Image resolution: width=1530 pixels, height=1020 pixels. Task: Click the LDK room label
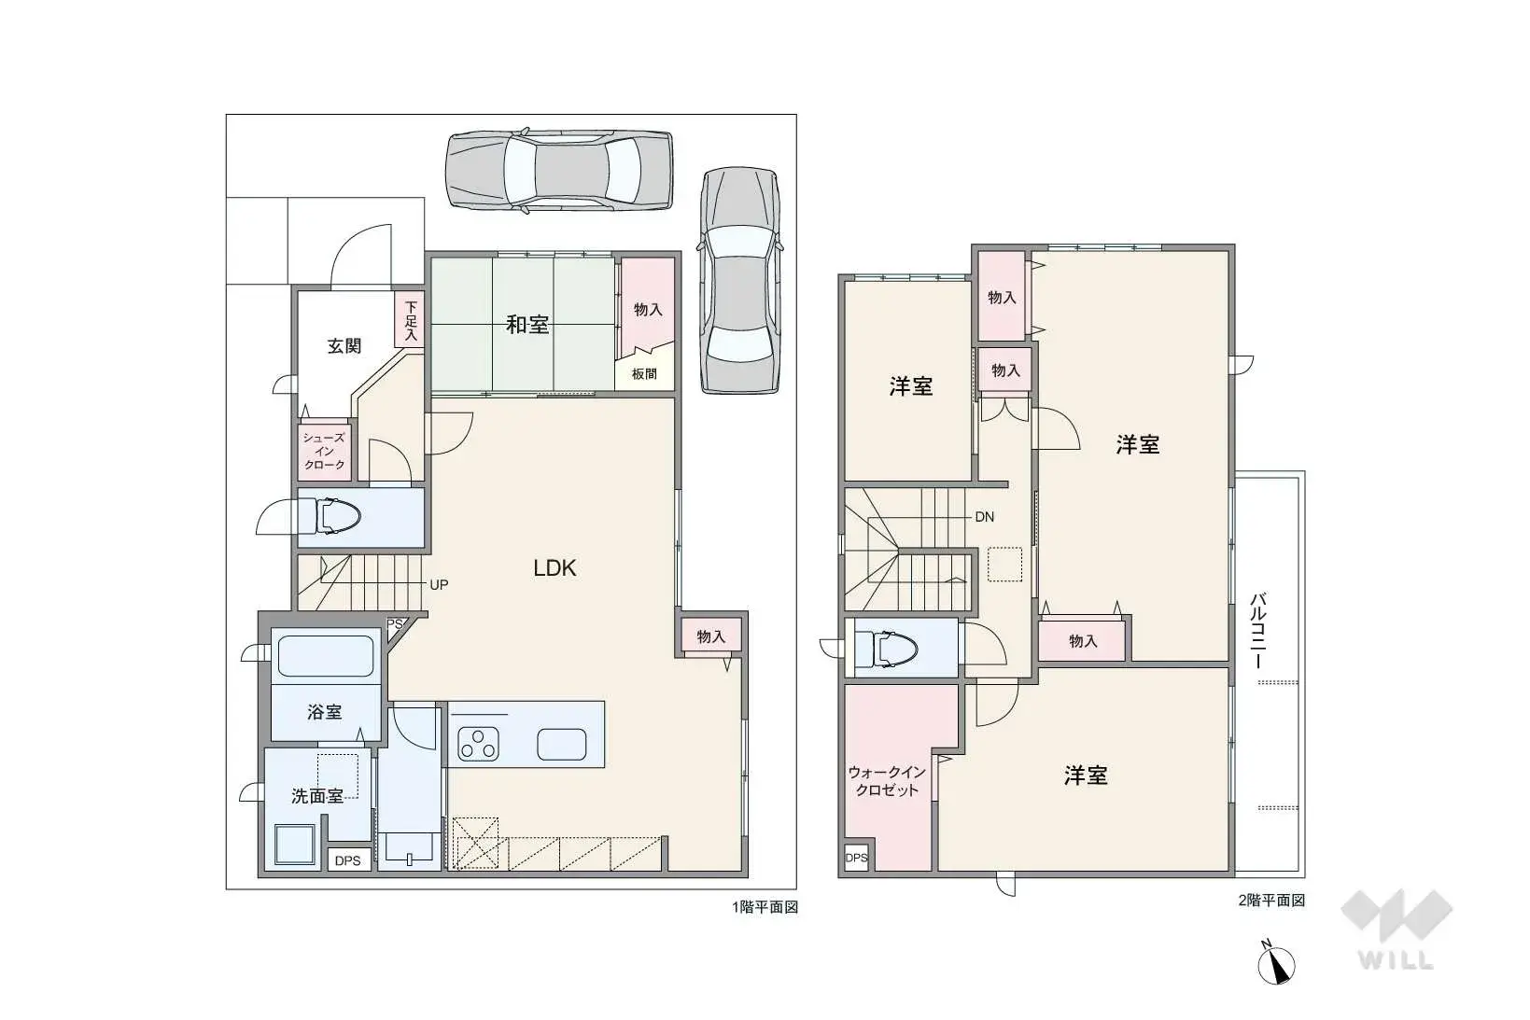[x=554, y=568]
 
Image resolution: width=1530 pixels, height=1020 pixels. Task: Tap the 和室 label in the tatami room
[x=527, y=325]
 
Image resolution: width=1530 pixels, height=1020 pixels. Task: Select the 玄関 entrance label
[x=344, y=346]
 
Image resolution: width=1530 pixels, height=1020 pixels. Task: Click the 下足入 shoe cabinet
[x=410, y=320]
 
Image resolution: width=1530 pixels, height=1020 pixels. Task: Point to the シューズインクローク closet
[x=325, y=452]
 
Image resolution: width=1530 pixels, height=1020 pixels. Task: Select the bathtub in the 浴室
[x=325, y=656]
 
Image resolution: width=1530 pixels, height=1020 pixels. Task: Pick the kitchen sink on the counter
[x=561, y=744]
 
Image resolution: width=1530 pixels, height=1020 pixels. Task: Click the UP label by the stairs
[x=439, y=585]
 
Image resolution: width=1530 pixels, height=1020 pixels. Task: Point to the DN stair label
[x=984, y=517]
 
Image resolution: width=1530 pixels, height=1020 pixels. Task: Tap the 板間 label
[x=644, y=374]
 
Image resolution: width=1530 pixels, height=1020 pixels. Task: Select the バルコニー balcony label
[x=1257, y=631]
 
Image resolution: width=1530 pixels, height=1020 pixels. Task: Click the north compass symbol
[x=1276, y=963]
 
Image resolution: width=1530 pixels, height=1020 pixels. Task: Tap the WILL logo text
[x=1396, y=960]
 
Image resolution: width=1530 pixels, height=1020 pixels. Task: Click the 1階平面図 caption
[x=765, y=907]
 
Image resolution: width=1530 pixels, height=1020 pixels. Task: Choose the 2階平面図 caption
[x=1271, y=901]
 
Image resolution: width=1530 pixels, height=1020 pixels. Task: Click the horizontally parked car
[x=559, y=171]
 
